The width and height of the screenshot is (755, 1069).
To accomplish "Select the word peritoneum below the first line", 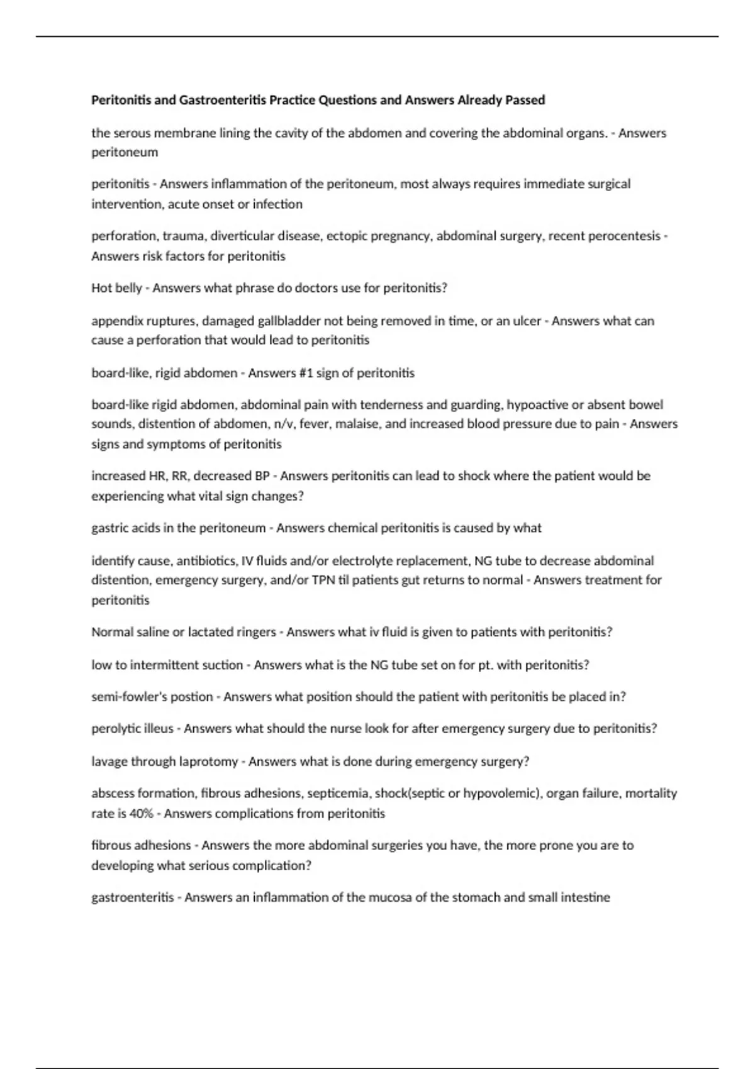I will [125, 152].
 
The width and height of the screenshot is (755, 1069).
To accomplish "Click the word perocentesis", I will [623, 236].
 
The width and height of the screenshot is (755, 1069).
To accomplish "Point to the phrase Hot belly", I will [116, 288].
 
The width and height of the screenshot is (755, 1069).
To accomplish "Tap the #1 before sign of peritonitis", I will [301, 373].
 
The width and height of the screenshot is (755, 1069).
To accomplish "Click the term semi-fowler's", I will [129, 697].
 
